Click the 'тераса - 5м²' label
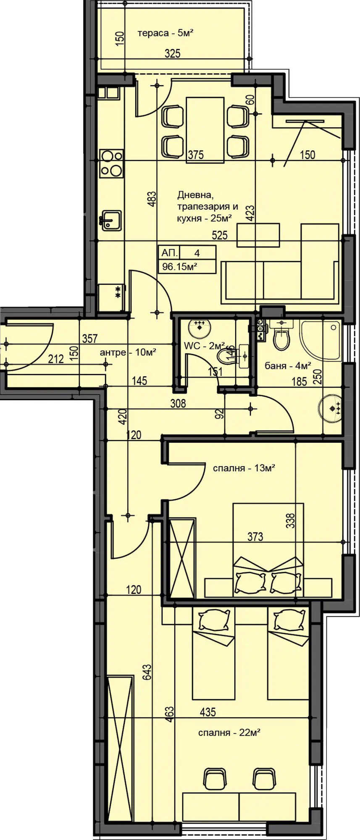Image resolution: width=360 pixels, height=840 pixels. point(165,33)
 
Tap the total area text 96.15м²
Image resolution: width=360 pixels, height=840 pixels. point(180,266)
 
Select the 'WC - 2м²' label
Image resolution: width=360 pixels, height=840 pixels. point(205,346)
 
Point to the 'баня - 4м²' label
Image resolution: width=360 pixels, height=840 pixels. point(288,366)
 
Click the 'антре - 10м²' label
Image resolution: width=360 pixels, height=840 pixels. point(128,352)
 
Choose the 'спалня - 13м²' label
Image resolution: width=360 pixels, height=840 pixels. point(244,467)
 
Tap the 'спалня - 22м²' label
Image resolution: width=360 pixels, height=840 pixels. point(229,732)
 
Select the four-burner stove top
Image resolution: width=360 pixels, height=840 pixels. point(111,163)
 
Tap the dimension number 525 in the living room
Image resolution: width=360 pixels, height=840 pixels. point(220,235)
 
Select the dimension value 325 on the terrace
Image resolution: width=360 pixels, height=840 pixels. point(172,53)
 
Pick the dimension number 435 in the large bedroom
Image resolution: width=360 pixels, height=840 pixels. point(208,712)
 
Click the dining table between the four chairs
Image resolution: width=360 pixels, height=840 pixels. point(205,129)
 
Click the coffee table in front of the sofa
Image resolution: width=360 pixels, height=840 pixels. point(258,235)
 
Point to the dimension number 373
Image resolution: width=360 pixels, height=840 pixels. point(255,536)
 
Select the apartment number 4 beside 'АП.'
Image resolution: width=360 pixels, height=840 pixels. point(197,253)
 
